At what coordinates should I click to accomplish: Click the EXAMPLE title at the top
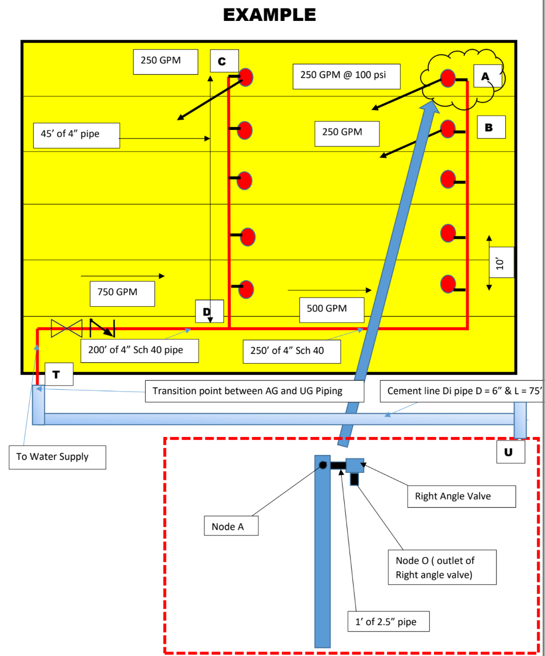(269, 15)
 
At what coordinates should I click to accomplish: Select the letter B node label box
(491, 127)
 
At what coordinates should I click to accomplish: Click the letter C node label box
(224, 61)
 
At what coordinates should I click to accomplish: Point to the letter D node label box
(209, 312)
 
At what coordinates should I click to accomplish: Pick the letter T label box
(59, 374)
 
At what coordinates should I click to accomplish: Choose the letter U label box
(510, 452)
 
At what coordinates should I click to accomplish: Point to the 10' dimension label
(501, 263)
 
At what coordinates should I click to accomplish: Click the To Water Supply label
(57, 457)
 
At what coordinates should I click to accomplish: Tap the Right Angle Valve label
(461, 496)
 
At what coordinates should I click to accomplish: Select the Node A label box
(231, 526)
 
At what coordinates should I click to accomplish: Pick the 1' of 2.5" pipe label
(388, 621)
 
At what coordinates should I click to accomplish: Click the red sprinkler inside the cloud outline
(448, 78)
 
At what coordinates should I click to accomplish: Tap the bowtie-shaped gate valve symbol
(67, 328)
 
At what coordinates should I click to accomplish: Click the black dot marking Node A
(323, 465)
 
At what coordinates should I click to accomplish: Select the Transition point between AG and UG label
(254, 391)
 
